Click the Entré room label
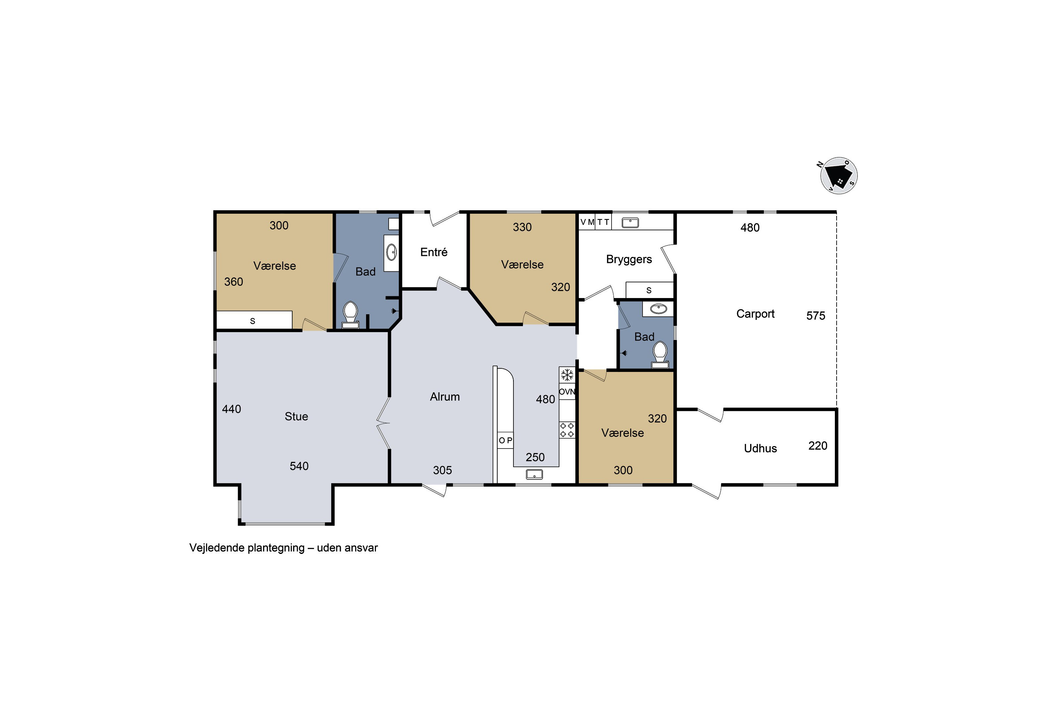pos(434,252)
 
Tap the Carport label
pos(755,314)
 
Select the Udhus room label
pos(760,449)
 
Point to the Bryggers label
pos(629,260)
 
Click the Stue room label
pos(296,417)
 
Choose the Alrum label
pos(445,397)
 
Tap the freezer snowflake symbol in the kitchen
pos(567,375)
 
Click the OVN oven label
pos(567,392)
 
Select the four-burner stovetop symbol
pos(567,430)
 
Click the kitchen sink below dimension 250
pos(534,474)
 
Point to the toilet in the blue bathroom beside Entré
pos(350,315)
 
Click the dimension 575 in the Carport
pos(816,316)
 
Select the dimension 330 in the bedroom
pos(522,227)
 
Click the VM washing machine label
pos(587,222)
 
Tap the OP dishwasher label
pos(506,441)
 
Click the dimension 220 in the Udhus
pos(818,446)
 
